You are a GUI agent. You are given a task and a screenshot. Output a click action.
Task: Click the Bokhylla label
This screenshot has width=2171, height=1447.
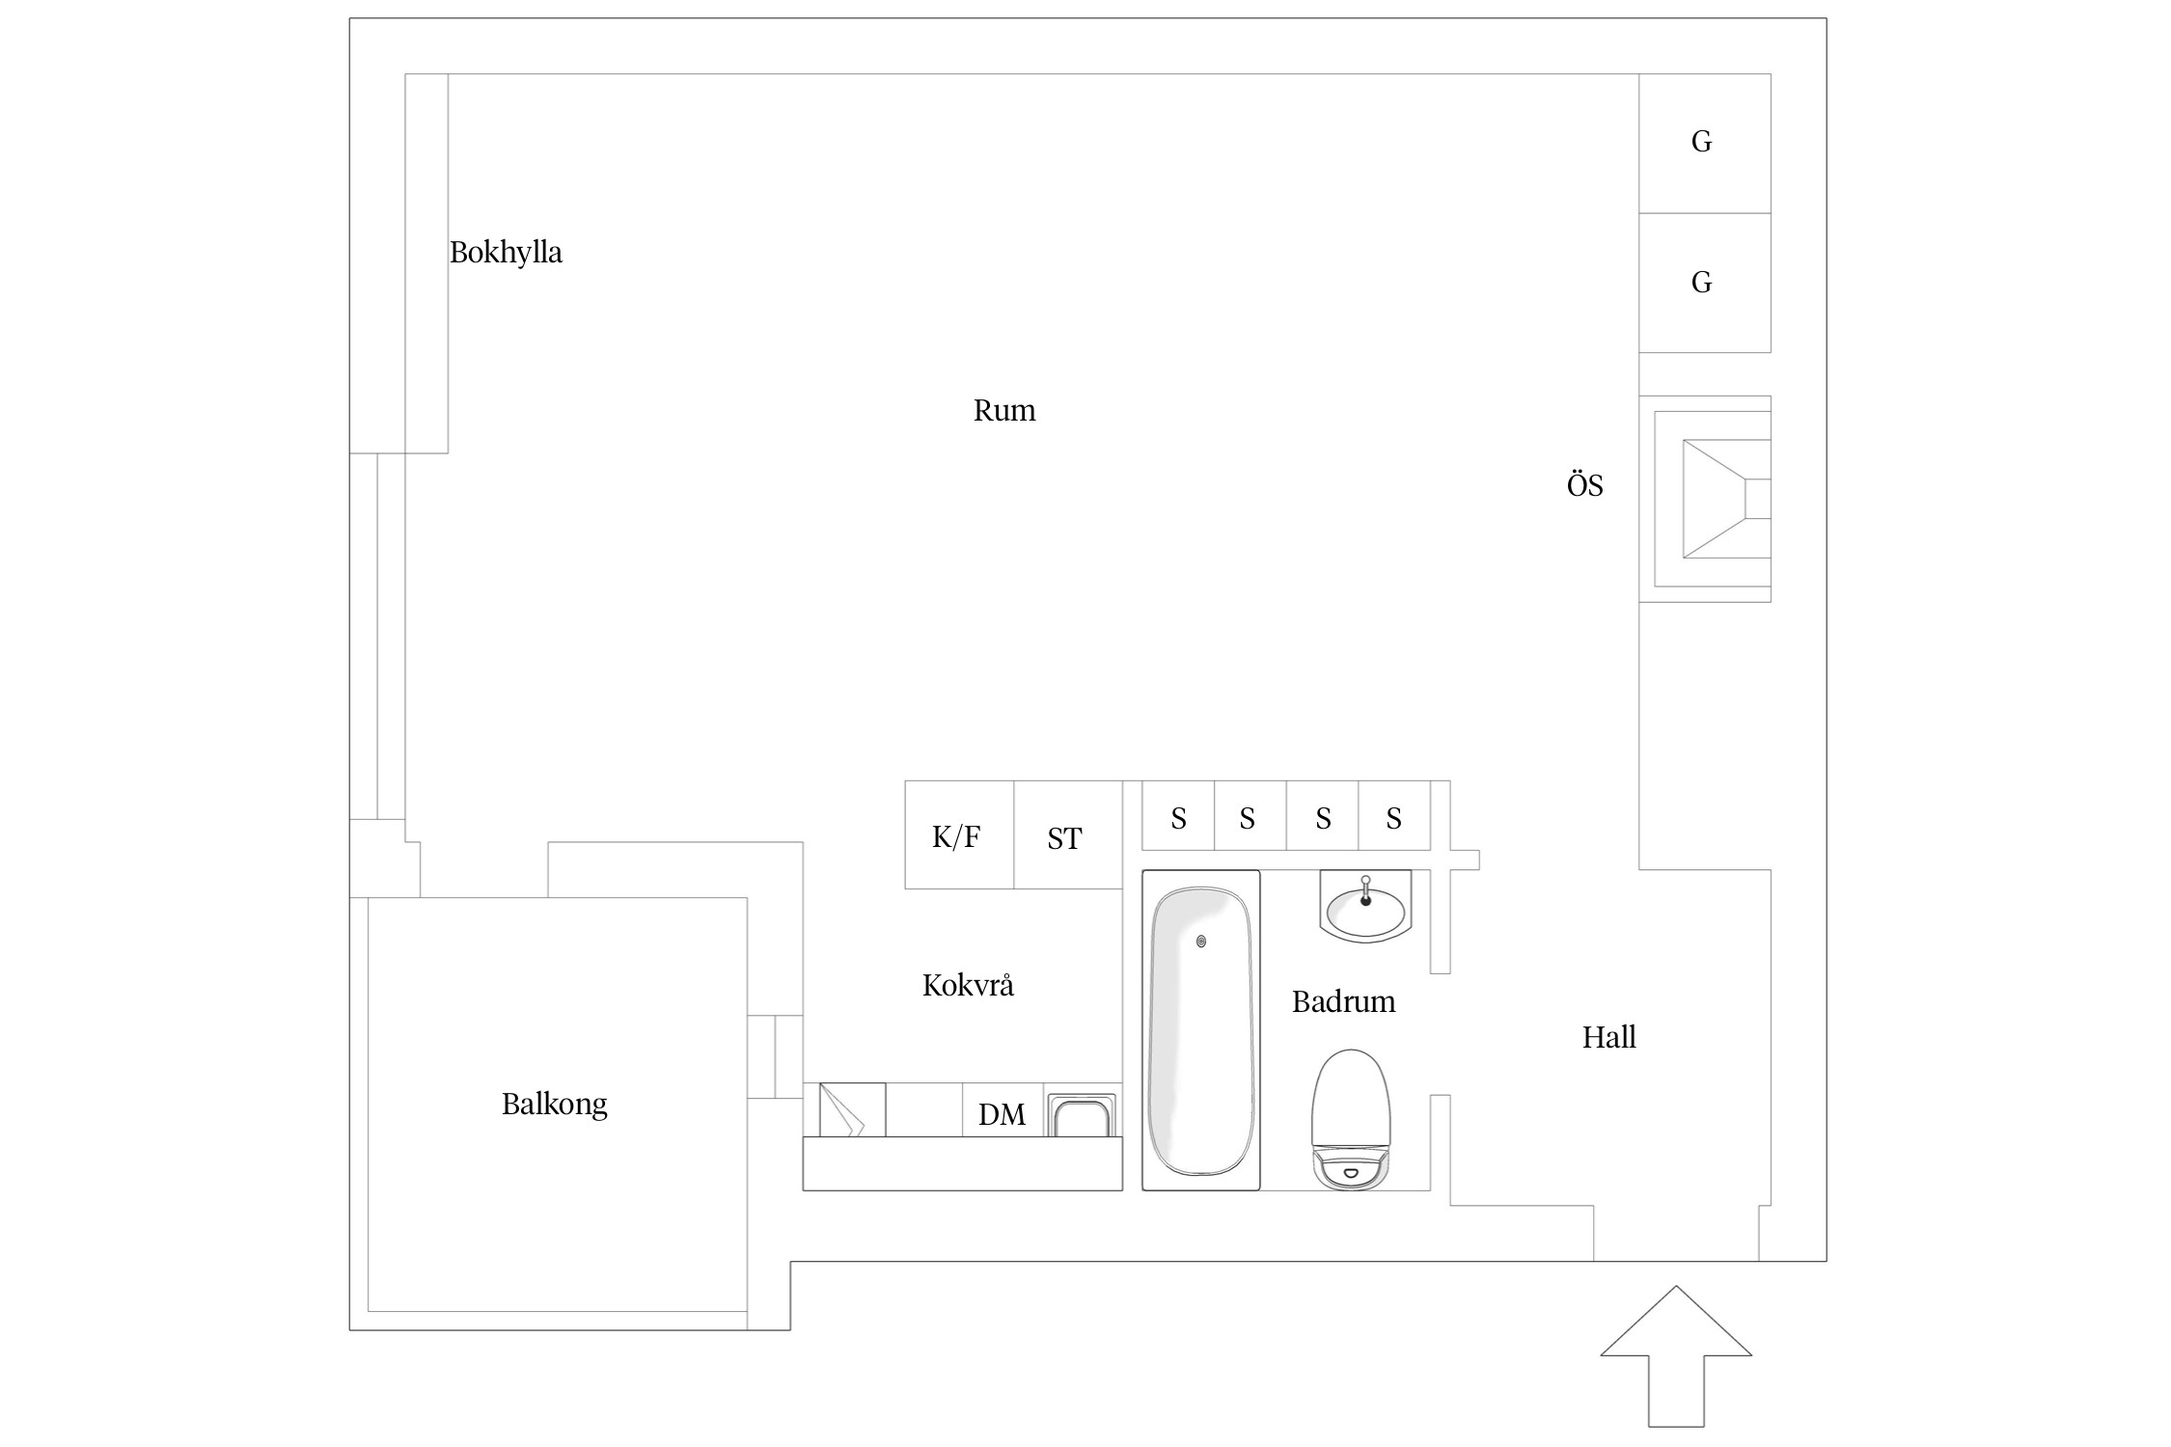pyautogui.click(x=506, y=253)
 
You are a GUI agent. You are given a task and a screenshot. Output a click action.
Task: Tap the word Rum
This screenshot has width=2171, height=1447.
pyautogui.click(x=1004, y=411)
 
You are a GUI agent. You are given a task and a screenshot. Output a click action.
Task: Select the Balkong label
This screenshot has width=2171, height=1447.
pyautogui.click(x=555, y=1104)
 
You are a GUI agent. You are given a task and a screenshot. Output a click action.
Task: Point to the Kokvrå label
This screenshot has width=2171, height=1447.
pyautogui.click(x=968, y=985)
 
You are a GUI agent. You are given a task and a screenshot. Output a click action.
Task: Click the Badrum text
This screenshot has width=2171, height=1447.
pyautogui.click(x=1344, y=1001)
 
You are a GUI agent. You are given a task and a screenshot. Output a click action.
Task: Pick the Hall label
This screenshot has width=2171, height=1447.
pyautogui.click(x=1609, y=1037)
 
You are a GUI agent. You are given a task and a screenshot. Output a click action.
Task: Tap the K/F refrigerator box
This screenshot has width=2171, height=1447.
pyautogui.click(x=959, y=834)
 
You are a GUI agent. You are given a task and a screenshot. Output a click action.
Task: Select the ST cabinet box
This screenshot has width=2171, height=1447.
pyautogui.click(x=1068, y=834)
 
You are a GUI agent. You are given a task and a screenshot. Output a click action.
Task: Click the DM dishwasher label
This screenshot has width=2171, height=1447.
pyautogui.click(x=1002, y=1115)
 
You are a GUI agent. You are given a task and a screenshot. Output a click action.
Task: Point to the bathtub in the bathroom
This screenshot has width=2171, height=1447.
pyautogui.click(x=1201, y=1030)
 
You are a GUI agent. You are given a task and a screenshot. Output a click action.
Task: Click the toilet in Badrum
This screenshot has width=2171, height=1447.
pyautogui.click(x=1351, y=1119)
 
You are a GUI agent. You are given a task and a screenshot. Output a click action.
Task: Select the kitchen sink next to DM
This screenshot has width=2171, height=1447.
pyautogui.click(x=1082, y=1115)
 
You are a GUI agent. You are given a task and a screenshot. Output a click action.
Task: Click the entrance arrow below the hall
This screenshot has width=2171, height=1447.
pyautogui.click(x=1676, y=1355)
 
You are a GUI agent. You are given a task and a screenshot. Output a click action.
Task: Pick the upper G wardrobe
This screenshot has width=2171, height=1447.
pyautogui.click(x=1705, y=144)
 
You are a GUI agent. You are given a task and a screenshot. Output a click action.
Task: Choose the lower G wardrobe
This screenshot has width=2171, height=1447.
pyautogui.click(x=1705, y=283)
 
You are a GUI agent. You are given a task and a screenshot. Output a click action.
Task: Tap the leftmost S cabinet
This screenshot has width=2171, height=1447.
pyautogui.click(x=1178, y=815)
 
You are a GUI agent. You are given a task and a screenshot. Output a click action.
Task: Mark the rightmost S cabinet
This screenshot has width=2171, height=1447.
pyautogui.click(x=1394, y=815)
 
